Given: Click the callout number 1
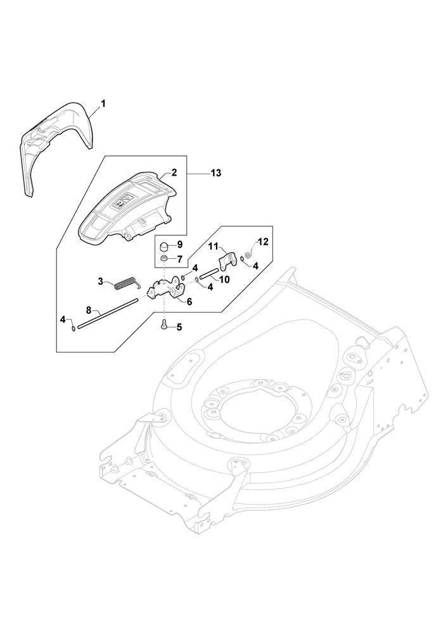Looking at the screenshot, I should click(x=103, y=102).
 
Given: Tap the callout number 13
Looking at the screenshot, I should click(x=216, y=173).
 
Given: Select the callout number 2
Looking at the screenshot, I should click(x=174, y=172).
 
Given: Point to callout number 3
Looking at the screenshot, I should click(x=100, y=280).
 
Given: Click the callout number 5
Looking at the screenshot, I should click(x=179, y=327).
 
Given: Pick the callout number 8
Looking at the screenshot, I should click(x=89, y=310).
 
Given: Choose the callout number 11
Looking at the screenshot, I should click(x=214, y=245).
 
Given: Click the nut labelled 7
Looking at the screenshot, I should click(x=165, y=259).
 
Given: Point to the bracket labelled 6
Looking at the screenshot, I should click(x=167, y=291).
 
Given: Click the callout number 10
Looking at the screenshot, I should click(x=225, y=279).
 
